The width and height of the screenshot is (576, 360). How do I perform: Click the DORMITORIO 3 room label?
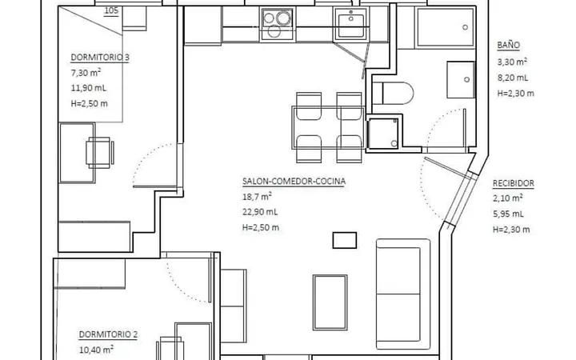100,58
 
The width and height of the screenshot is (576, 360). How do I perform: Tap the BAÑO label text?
509,45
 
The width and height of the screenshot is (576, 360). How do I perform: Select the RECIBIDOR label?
513,183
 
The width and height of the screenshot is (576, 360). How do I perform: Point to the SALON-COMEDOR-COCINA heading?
294,181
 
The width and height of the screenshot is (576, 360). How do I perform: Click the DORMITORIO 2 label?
108,334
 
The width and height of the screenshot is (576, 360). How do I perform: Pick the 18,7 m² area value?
257,196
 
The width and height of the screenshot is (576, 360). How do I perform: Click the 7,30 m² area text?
86,72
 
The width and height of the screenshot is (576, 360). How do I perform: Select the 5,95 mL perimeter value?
509,214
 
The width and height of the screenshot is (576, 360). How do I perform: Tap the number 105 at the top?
111,10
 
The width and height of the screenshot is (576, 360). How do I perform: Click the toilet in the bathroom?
392,93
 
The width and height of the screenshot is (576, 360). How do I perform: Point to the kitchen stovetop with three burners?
278,24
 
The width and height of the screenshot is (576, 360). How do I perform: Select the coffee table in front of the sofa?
330,302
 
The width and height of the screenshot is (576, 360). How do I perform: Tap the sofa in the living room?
403,294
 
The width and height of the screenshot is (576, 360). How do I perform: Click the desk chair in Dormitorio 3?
99,153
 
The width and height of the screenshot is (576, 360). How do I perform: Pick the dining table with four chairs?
328,127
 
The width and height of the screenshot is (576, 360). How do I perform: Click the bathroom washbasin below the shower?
461,80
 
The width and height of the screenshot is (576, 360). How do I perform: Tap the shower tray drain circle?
465,27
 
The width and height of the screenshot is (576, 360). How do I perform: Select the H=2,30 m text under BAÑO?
516,94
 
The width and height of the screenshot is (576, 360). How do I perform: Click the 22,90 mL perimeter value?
260,212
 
